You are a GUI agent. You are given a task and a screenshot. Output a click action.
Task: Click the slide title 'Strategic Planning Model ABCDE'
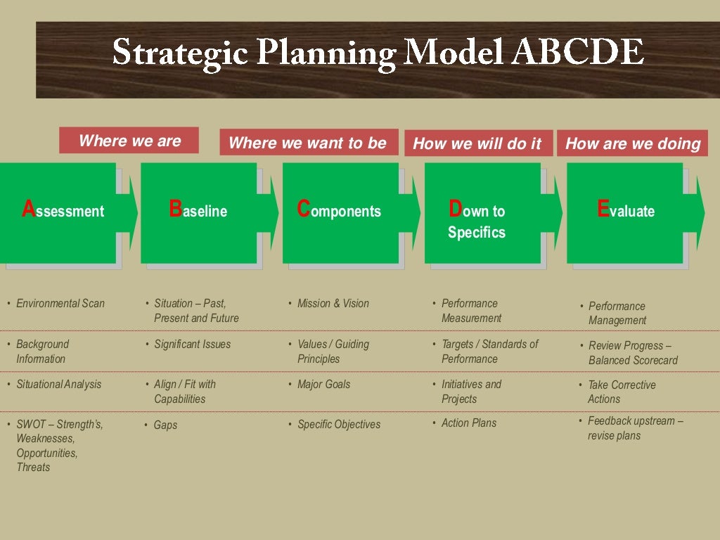(378, 53)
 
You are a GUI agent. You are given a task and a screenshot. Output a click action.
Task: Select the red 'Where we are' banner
(129, 141)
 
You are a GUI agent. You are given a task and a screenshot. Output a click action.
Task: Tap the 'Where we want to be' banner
(308, 143)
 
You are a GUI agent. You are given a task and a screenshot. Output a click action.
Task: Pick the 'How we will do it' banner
(477, 143)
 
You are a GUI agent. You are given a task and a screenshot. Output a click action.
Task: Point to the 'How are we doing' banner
(633, 143)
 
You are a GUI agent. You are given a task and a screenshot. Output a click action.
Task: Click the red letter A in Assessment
(28, 209)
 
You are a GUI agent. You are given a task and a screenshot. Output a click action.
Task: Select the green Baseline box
(198, 212)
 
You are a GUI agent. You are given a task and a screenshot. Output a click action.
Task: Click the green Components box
(340, 212)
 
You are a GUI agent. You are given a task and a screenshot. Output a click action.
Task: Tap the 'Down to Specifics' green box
(482, 213)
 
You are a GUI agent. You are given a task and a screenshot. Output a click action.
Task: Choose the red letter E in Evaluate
(603, 209)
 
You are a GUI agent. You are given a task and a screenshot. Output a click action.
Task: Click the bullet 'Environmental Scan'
(60, 304)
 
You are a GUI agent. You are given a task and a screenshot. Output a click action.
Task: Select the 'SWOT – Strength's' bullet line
(60, 425)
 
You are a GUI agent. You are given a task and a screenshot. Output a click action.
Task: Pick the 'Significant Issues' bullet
(193, 345)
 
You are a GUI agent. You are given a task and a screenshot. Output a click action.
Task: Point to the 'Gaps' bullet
(166, 425)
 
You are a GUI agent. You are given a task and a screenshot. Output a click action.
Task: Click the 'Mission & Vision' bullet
(333, 304)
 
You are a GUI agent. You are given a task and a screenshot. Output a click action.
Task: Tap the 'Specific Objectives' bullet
(339, 425)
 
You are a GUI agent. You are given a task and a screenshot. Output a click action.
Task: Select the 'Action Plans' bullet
(469, 423)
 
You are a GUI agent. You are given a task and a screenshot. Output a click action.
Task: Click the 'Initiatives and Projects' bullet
(471, 392)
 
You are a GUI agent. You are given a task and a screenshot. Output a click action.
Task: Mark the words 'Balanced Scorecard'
(633, 361)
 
